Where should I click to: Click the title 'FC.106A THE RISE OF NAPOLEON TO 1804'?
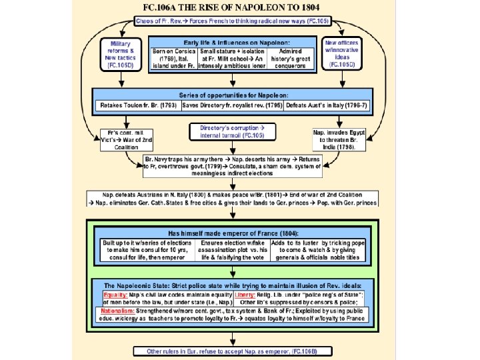pyautogui.click(x=240, y=8)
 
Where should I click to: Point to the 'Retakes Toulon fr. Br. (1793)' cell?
pyautogui.click(x=137, y=106)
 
